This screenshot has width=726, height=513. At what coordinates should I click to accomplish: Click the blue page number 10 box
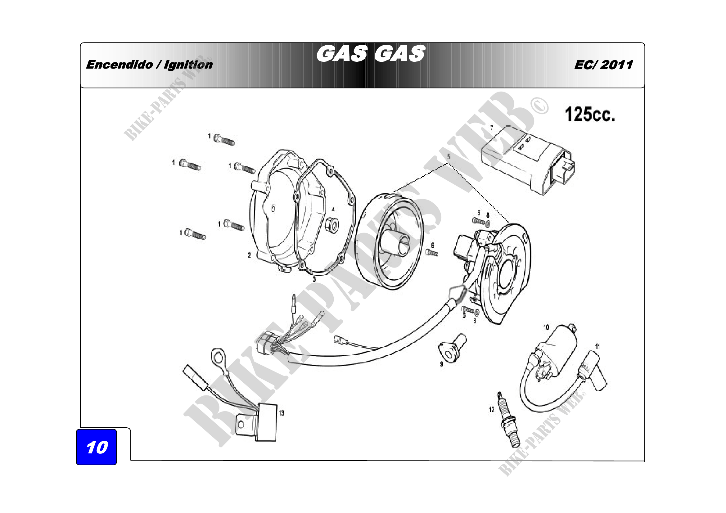pyautogui.click(x=97, y=447)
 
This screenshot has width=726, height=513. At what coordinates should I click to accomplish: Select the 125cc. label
pyautogui.click(x=590, y=115)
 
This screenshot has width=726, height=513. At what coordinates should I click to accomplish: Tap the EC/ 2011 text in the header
pyautogui.click(x=603, y=65)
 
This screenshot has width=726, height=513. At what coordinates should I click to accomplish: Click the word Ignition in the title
pyautogui.click(x=188, y=65)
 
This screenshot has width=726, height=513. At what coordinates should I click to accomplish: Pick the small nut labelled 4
pyautogui.click(x=332, y=225)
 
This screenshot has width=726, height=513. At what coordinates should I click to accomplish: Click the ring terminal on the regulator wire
pyautogui.click(x=218, y=358)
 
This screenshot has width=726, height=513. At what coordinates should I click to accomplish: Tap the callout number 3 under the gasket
pyautogui.click(x=314, y=279)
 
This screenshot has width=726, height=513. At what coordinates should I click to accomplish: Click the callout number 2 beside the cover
pyautogui.click(x=250, y=255)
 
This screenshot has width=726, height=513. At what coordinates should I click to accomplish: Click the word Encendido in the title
pyautogui.click(x=119, y=65)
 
